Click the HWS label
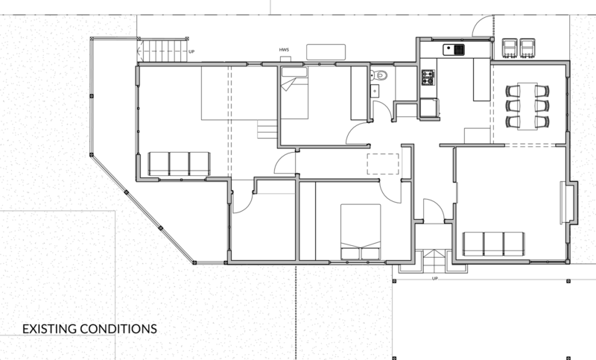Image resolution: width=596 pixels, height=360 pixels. click(x=284, y=50)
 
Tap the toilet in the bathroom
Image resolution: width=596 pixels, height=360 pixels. click(x=378, y=75)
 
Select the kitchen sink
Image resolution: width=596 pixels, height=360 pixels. click(x=454, y=50)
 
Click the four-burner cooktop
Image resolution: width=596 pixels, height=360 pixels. click(x=428, y=78)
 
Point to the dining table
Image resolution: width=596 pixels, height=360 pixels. click(x=527, y=107)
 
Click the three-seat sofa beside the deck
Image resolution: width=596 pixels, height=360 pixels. click(x=179, y=164)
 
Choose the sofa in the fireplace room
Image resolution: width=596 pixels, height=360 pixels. click(x=493, y=244)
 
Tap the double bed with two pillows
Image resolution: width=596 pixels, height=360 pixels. click(x=361, y=232)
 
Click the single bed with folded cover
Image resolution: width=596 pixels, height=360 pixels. click(x=294, y=92)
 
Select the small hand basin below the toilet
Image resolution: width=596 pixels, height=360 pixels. click(x=375, y=91)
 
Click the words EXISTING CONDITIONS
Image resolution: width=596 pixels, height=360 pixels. click(x=89, y=329)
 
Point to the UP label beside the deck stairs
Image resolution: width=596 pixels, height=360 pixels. click(x=191, y=51)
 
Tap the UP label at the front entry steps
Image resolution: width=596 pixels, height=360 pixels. click(x=435, y=278)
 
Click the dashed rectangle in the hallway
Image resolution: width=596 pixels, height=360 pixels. click(x=383, y=164)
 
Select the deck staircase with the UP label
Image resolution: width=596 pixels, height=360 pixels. click(x=162, y=51)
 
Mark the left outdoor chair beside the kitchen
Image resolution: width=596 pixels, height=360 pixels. click(x=510, y=48)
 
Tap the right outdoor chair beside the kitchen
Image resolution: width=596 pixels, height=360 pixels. click(x=527, y=48)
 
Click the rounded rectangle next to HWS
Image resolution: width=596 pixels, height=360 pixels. click(x=326, y=52)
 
